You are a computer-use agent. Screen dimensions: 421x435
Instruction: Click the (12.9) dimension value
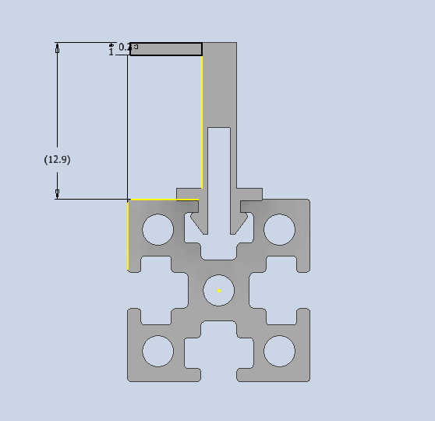58,159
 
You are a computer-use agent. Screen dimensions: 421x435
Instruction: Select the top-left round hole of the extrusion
157,229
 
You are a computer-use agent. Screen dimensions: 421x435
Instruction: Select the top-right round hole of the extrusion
279,229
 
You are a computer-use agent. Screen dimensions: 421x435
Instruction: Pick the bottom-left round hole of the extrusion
157,351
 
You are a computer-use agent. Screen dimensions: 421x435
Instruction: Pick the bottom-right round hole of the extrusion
279,351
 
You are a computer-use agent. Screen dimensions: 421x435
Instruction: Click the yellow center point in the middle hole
219,291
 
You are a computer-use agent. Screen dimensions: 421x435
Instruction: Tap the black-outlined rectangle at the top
166,49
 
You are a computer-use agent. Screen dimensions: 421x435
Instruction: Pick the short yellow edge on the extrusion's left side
128,234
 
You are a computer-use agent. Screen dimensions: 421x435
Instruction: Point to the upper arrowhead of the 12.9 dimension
57,49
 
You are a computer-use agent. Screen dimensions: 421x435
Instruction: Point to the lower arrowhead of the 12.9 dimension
57,193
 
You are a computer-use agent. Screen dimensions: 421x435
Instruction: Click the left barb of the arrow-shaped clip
199,225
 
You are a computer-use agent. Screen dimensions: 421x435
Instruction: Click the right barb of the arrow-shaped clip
240,225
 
